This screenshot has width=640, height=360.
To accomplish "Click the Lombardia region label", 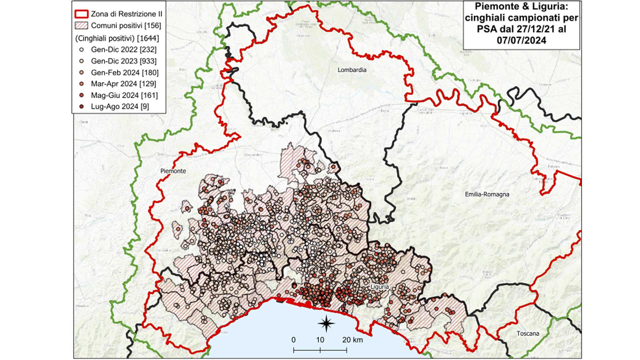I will point(352,70).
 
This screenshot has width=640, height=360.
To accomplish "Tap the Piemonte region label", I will point(173,171).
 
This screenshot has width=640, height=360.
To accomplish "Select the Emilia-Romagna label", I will point(487,194).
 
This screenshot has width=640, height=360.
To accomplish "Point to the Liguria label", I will point(380,287).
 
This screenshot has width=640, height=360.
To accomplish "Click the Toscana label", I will point(528,333).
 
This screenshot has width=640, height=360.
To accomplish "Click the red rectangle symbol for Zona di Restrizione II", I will point(81,14).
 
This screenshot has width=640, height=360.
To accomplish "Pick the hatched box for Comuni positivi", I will point(81,26).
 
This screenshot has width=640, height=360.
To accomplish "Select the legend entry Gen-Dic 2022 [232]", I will point(123,50).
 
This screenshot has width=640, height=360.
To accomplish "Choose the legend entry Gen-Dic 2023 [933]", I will point(123,61).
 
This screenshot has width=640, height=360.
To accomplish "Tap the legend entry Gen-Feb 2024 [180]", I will point(124,73).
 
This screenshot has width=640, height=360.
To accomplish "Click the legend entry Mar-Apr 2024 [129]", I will point(123,84).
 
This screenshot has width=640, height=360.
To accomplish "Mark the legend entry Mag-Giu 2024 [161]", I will point(124,95).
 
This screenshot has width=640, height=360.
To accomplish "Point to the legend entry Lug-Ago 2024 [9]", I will point(120,107).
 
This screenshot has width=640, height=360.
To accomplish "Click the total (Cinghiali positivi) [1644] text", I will point(117,38).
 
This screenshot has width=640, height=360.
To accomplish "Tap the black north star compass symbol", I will point(326,323).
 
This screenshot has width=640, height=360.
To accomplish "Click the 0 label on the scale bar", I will point(293,340).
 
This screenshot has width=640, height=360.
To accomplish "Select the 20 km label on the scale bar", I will point(352,340).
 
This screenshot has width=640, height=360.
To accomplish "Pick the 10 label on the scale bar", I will point(320,340).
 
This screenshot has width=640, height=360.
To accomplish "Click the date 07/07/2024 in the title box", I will point(521,40).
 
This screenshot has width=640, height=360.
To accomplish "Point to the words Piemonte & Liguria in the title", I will point(521,6).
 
